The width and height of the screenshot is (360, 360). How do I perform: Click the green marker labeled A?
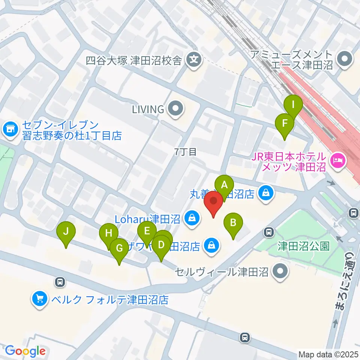(224, 185)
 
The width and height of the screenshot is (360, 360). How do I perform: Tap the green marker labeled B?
(233, 223)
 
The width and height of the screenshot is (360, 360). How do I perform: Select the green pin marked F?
(285, 124)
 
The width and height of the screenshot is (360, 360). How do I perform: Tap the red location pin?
(214, 202)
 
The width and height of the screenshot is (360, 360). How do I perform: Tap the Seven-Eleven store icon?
(10, 130)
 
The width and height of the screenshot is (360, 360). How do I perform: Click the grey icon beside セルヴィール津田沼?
(280, 271)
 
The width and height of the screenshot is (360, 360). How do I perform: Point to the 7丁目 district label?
(186, 152)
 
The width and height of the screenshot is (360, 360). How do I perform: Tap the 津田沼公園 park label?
(304, 246)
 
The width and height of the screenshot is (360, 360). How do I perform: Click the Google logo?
(25, 351)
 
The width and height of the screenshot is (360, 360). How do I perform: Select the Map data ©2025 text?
(328, 354)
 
